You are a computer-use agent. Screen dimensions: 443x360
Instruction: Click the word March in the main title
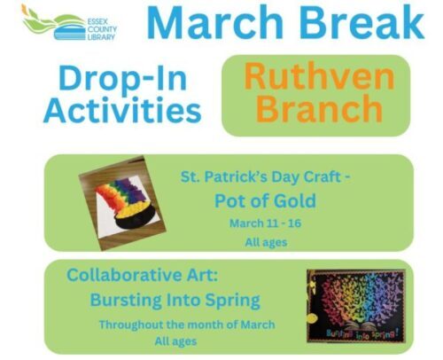[215, 22]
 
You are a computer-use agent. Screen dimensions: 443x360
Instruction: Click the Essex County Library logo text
[102, 29]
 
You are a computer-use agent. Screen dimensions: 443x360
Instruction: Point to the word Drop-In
[122, 78]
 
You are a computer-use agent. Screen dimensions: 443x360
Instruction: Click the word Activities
[122, 110]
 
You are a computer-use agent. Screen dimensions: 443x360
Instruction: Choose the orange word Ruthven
[319, 75]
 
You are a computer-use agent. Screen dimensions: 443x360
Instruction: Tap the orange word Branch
[319, 108]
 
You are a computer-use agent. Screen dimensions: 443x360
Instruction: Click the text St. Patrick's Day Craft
[265, 177]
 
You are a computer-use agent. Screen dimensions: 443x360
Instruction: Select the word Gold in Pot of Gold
[295, 201]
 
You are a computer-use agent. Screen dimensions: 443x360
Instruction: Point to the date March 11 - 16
[265, 223]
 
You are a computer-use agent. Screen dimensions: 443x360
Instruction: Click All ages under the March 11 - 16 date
[266, 243]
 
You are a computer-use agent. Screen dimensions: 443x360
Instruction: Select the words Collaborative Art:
[142, 275]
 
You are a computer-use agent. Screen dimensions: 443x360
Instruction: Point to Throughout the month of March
[187, 325]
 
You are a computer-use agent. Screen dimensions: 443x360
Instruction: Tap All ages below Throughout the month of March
[175, 341]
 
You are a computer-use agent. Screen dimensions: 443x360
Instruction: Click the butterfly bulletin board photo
[356, 306]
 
